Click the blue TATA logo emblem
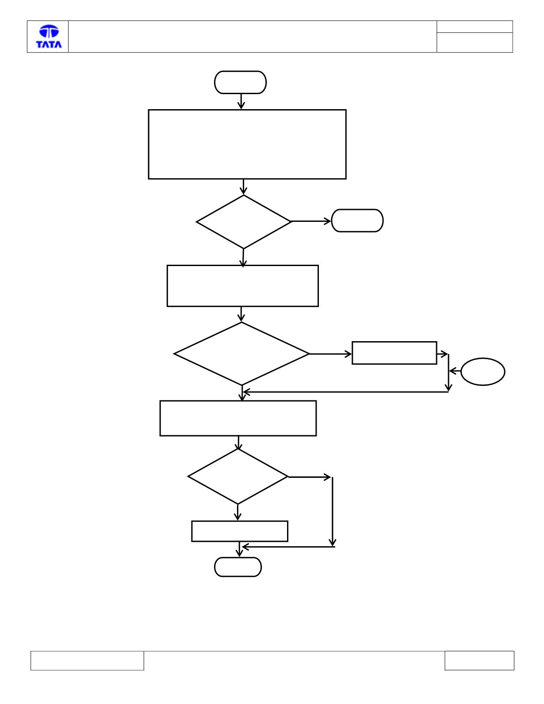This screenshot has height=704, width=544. [x=49, y=31]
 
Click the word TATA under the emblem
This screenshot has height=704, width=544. [x=49, y=44]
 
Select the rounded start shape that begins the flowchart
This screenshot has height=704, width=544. [x=240, y=82]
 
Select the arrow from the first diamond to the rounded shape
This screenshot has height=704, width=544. [x=311, y=221]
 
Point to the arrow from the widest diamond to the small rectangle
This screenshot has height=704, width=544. [x=330, y=354]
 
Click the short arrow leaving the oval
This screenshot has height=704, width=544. [x=455, y=371]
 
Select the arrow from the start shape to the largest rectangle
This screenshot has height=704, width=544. [x=241, y=101]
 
